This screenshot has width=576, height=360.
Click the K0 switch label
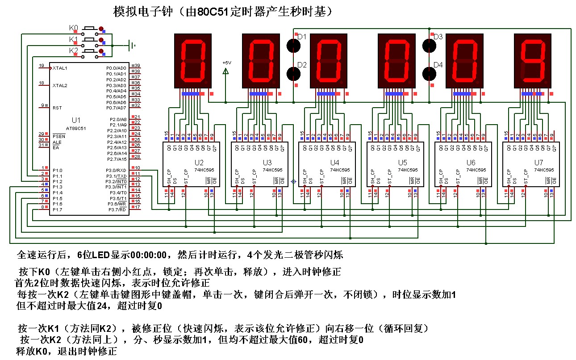click(73, 28)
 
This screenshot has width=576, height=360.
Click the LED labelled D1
click(293, 45)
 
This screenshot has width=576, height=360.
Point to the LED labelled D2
click(293, 73)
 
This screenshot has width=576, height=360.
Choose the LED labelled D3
click(429, 45)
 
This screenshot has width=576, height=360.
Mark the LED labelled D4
click(429, 73)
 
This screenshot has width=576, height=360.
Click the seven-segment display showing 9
click(534, 60)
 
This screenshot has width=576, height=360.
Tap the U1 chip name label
click(76, 120)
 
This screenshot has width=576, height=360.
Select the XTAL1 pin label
click(60, 68)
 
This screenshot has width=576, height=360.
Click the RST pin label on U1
click(57, 108)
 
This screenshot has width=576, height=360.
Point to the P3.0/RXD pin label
click(116, 170)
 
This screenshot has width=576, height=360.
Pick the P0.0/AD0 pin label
click(116, 68)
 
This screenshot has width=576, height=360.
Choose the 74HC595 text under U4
click(340, 170)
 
